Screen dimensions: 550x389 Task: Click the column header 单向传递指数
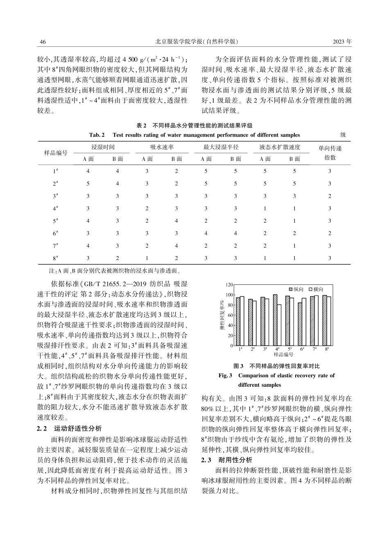(330, 153)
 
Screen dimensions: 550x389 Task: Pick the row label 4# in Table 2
(55, 208)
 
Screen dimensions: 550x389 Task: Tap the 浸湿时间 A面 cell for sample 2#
(88, 184)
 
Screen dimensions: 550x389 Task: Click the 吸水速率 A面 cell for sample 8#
(147, 258)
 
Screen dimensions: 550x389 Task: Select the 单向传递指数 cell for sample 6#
(330, 233)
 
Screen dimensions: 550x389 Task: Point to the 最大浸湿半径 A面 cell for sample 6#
(206, 233)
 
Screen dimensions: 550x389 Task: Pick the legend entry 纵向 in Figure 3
(296, 289)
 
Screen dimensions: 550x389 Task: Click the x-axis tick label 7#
(314, 349)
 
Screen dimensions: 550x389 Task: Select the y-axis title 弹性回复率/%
(222, 315)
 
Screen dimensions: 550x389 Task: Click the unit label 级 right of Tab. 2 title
(343, 135)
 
